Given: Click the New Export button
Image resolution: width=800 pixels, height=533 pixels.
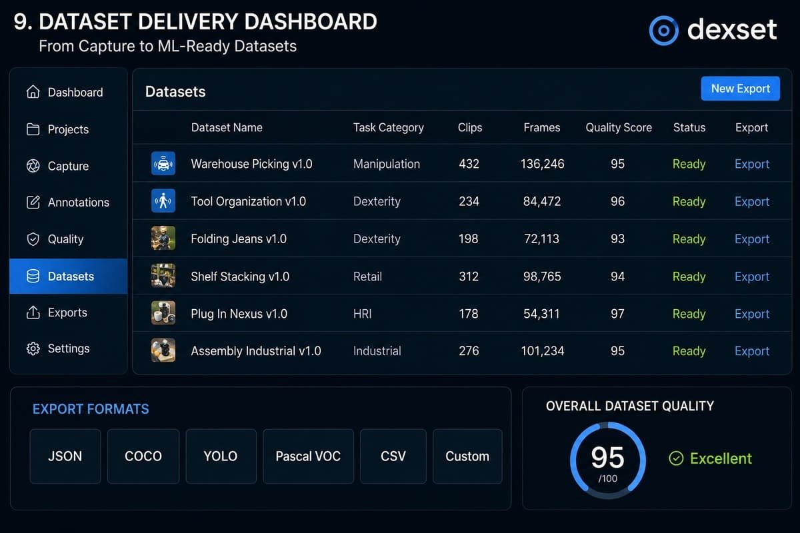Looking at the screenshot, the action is coord(740,89).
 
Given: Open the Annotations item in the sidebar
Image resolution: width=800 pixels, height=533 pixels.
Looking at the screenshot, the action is coord(68,203).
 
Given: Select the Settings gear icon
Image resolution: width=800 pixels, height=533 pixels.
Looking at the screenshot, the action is coord(33,349).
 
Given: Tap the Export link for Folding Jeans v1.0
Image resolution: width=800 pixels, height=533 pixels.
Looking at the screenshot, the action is coord(752,239).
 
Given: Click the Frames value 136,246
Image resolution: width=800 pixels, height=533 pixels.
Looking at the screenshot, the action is coord(542,164).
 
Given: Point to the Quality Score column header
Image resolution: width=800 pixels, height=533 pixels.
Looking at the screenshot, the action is coord(619,127).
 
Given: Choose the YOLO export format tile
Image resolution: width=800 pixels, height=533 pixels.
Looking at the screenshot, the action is coord(221,456).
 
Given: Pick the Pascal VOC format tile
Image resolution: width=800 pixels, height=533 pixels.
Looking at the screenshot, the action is coord(308,456).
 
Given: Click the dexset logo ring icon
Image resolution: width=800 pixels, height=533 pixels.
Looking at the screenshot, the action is coord(663,31).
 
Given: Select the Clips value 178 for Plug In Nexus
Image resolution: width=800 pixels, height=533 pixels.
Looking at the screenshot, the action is coord(469,314).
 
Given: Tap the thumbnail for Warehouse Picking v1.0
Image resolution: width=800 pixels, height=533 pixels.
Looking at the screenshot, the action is coord(163,163).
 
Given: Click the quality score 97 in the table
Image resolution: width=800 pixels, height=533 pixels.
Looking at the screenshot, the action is coord(617,314).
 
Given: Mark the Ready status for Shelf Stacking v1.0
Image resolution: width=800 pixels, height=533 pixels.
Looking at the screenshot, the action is coord(689,276).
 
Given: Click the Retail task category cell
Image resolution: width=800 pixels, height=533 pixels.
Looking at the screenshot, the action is coord(367,276).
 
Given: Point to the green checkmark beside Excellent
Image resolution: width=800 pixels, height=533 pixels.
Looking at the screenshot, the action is coord(676,458).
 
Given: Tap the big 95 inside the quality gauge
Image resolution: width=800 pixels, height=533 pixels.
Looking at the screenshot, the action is coord(607,458).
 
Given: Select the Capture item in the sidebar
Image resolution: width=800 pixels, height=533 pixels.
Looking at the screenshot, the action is coord(57,166).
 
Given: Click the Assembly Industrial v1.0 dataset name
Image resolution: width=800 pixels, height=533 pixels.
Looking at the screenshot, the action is coord(256,351).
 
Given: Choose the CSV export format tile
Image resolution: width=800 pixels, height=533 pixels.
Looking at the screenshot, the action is coord(393,456).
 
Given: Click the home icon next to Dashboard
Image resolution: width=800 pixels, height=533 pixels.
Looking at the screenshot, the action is coord(33,92).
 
